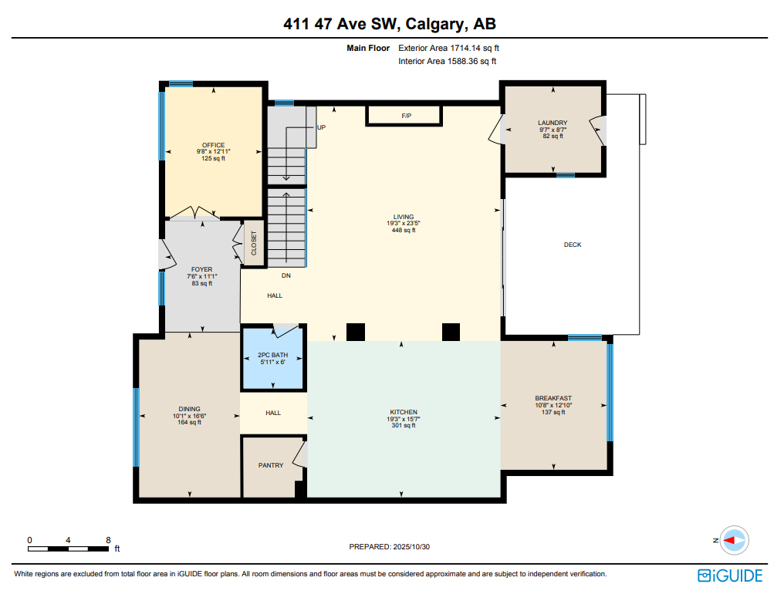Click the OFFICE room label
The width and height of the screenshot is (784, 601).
(213, 145)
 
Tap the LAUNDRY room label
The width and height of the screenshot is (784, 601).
(553, 123)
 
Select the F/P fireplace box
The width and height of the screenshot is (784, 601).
(405, 116)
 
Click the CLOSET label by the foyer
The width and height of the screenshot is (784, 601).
(254, 244)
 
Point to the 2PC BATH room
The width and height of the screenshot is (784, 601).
(273, 360)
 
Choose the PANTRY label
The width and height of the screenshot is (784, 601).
(270, 465)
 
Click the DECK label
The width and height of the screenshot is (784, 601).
(572, 245)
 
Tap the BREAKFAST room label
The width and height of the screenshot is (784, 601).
(553, 399)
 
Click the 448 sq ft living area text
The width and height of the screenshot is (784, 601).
(403, 230)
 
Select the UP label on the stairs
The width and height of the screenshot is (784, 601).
(321, 127)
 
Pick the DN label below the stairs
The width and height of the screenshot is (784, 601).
(286, 275)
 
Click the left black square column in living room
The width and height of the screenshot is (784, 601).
(355, 332)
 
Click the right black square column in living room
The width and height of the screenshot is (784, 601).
(451, 332)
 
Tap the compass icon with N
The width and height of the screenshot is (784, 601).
(735, 540)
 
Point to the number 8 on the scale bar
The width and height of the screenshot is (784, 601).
(108, 540)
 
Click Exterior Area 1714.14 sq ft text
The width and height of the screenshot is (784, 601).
(454, 48)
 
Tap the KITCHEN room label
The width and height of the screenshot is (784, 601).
(403, 412)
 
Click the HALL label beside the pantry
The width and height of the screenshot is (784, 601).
(273, 413)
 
